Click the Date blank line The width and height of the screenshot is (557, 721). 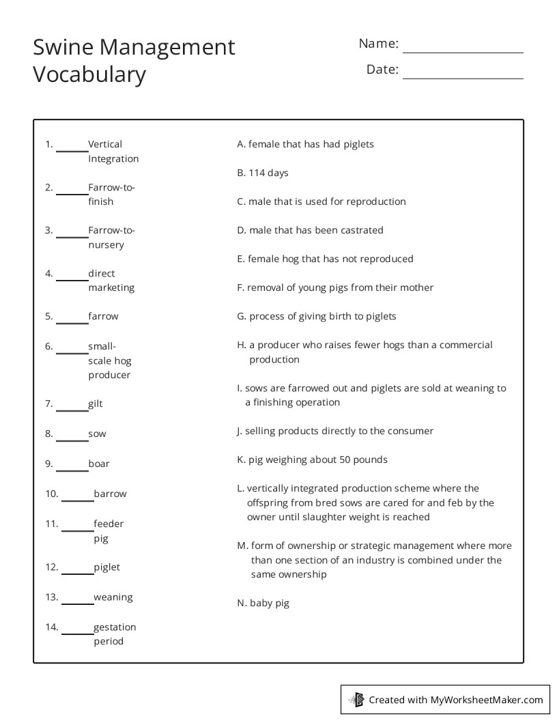tap(463, 77)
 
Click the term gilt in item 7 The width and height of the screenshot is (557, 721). tap(96, 404)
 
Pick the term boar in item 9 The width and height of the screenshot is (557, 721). tap(99, 464)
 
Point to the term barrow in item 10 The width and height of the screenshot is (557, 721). tap(110, 494)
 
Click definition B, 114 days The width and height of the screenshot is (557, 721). tap(263, 173)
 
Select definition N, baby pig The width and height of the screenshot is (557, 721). tap(263, 603)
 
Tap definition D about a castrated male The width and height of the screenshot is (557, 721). tap(310, 230)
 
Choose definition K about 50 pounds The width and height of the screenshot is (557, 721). tap(312, 460)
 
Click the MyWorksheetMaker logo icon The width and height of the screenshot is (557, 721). tap(356, 699)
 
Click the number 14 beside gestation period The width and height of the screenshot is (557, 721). tap(52, 627)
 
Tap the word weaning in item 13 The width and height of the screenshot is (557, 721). tap(113, 597)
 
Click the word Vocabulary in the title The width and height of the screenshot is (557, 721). tap(89, 74)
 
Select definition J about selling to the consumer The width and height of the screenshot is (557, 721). tap(335, 431)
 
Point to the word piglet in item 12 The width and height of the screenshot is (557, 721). tap(106, 567)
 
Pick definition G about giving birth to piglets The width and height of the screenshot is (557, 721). tap(317, 316)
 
